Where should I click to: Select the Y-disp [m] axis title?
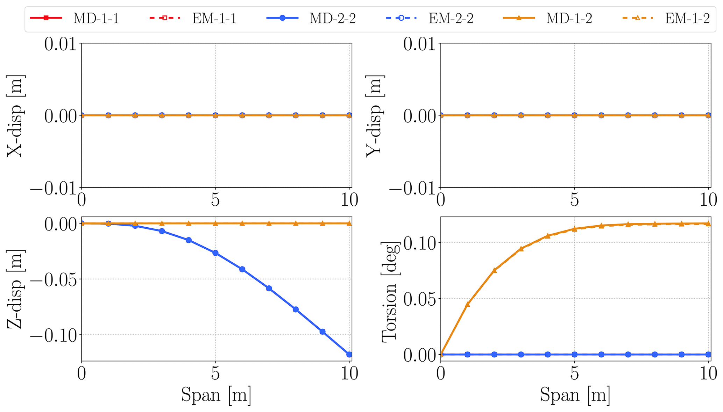pos(374,115)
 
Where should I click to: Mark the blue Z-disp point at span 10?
pos(349,354)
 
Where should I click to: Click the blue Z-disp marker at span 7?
pos(269,288)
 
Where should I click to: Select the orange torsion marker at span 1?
pos(467,304)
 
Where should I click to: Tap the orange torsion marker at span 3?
pos(521,249)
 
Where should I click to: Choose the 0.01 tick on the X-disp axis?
pos(60,44)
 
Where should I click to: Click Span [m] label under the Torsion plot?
pos(575,395)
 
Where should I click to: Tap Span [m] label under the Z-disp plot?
pos(216,395)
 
